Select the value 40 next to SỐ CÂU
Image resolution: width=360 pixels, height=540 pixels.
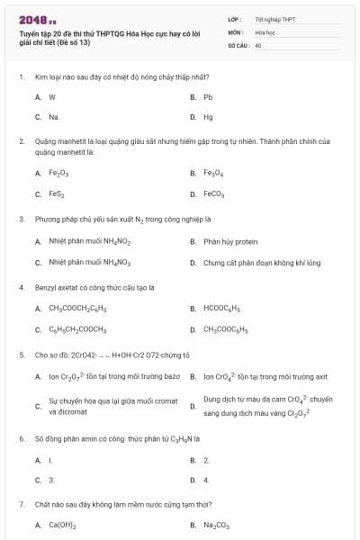[258, 44]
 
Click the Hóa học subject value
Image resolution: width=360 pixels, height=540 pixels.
[265, 31]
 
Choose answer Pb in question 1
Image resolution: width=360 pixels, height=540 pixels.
[208, 96]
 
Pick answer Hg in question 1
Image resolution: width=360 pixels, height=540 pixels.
[208, 117]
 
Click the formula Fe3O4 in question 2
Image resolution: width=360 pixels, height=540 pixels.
[213, 173]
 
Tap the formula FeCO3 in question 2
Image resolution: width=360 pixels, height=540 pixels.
[214, 193]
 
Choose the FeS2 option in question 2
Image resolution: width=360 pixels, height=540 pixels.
[58, 193]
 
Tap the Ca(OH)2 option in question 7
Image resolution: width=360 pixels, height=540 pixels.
[62, 525]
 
